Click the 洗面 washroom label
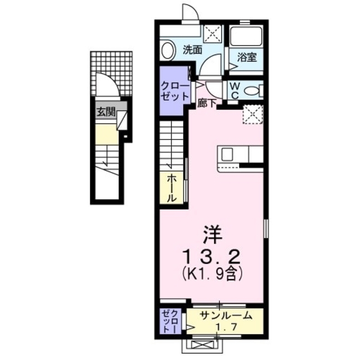193,49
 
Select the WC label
235,91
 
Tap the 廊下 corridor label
206,102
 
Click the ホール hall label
172,187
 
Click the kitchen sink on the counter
227,154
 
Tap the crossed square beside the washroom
213,33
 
